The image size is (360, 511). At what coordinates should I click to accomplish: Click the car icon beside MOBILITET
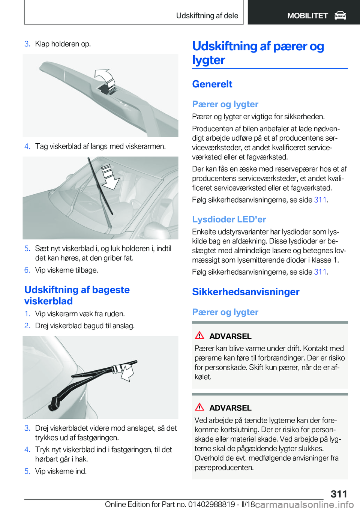point(340,16)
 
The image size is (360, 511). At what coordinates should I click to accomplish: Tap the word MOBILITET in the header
point(307,16)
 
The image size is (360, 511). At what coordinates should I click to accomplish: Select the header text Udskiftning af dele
point(207,15)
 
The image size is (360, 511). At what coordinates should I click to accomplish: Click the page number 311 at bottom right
point(339,494)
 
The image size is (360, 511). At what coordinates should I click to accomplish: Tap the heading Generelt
point(212,84)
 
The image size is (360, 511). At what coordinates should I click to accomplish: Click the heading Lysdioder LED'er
point(229,219)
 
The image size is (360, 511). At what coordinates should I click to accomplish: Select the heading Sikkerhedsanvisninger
point(246,292)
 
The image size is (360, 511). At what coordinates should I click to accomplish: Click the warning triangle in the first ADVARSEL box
point(199,335)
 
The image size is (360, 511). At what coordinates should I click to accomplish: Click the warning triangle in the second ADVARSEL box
point(199,407)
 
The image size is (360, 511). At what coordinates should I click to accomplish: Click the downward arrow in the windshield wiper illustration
point(110,178)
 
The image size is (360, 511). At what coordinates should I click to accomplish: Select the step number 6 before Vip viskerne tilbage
point(27,270)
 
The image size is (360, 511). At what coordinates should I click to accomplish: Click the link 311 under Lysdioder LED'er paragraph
point(320,272)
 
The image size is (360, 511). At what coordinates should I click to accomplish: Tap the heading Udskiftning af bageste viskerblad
point(77,295)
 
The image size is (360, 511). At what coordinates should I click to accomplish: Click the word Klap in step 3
point(42,44)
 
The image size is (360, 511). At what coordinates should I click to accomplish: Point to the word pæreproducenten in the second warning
point(224,467)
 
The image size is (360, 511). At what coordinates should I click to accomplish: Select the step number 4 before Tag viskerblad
point(27,146)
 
